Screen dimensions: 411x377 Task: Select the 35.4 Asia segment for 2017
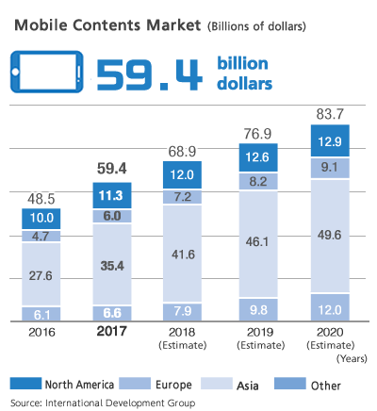pyautogui.click(x=112, y=267)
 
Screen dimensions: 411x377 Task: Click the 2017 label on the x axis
pyautogui.click(x=112, y=333)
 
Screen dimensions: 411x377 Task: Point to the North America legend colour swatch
pyautogui.click(x=28, y=384)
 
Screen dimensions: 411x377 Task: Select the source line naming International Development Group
pyautogui.click(x=103, y=402)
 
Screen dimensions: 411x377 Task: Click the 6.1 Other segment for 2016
pyautogui.click(x=41, y=313)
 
